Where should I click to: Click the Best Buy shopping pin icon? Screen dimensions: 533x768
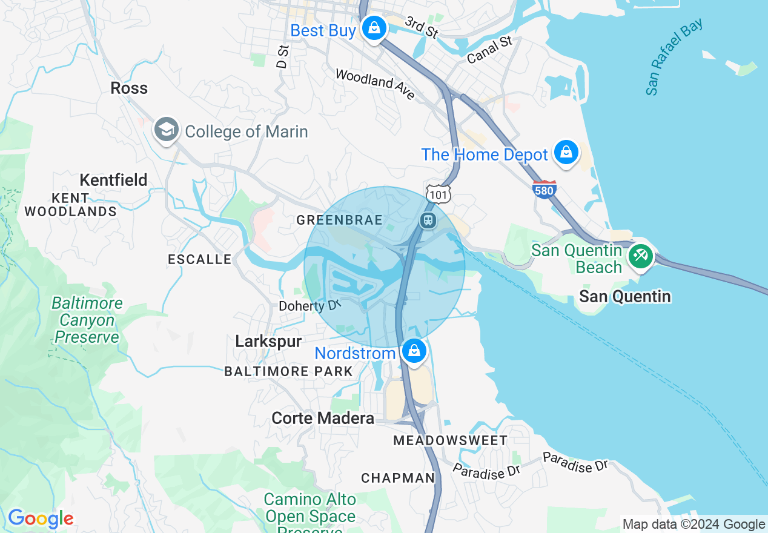(x=374, y=28)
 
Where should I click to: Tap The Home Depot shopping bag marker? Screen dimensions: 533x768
(x=566, y=152)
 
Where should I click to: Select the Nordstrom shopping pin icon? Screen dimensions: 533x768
(x=414, y=351)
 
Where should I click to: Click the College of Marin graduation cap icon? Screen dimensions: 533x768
(x=166, y=130)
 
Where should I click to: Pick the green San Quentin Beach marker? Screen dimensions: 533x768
(x=640, y=256)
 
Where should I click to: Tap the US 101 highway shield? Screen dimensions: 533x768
(x=436, y=193)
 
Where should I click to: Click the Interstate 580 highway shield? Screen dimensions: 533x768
(x=545, y=189)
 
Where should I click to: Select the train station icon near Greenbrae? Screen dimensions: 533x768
(x=428, y=220)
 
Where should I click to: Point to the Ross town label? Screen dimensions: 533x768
(x=129, y=88)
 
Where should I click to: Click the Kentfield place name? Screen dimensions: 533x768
(x=113, y=180)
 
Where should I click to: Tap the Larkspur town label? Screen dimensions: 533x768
(x=268, y=342)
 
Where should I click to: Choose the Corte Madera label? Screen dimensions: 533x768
(x=323, y=418)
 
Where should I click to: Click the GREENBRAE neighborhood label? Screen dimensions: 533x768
(x=339, y=220)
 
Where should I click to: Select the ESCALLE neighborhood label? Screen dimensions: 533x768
(x=199, y=260)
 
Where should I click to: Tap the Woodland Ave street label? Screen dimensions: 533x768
(x=375, y=84)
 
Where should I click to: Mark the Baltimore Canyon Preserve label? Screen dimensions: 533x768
(x=87, y=320)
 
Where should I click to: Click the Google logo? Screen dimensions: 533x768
(x=41, y=518)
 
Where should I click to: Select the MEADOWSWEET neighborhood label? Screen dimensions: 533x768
(x=451, y=440)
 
